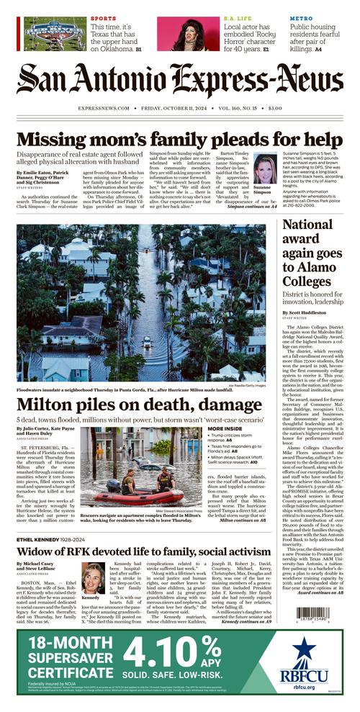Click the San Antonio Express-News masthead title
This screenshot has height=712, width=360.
click(x=179, y=80)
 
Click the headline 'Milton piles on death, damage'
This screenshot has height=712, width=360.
click(x=130, y=405)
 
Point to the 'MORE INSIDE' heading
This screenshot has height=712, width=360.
click(x=225, y=428)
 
